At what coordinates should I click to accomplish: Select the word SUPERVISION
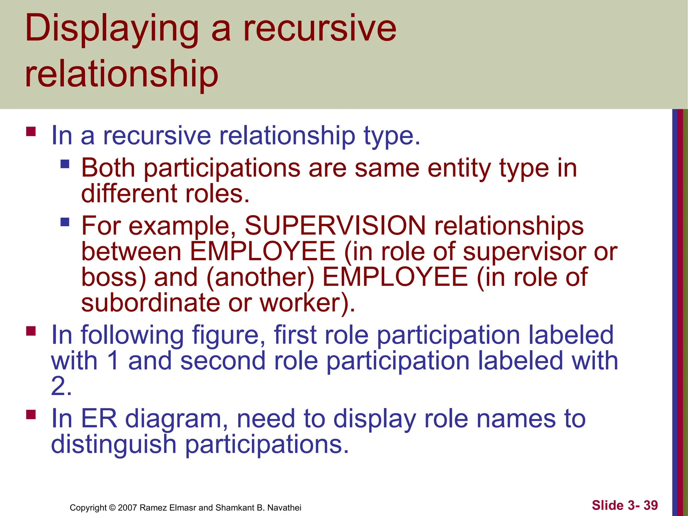point(335,225)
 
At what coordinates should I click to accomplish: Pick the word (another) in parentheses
point(260,277)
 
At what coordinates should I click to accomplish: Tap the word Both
point(108,168)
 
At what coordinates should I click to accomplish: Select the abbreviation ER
point(99,419)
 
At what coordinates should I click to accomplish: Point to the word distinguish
point(114,444)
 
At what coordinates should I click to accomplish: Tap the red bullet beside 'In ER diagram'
point(31,415)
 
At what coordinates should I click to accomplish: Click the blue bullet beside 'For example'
point(65,222)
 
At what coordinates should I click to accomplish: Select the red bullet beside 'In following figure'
point(31,331)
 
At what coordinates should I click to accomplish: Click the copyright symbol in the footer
point(112,508)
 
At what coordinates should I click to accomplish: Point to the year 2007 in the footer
point(127,508)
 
